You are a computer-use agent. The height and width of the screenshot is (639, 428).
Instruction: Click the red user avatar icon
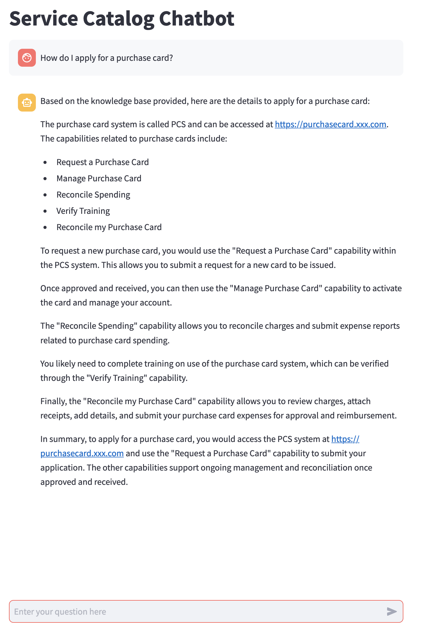click(27, 58)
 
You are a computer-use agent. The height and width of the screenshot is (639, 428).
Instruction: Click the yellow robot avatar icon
click(27, 103)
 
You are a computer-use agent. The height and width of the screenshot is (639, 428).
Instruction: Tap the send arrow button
click(392, 611)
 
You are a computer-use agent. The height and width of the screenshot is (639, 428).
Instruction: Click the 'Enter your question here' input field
click(196, 611)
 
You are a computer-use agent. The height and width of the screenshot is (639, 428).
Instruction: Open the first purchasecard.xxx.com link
click(331, 124)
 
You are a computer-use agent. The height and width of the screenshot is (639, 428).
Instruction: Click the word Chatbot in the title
click(197, 19)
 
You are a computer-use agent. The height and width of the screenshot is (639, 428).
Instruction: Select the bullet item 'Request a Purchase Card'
click(103, 162)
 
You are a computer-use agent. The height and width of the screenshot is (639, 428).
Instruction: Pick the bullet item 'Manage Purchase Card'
click(99, 178)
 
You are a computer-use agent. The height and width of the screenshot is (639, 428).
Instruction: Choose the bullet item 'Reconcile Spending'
click(93, 195)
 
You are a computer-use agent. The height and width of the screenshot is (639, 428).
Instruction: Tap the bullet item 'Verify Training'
click(83, 211)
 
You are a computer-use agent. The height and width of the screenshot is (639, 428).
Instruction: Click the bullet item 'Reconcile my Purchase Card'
click(109, 227)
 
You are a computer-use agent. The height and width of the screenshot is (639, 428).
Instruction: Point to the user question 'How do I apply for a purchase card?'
click(107, 58)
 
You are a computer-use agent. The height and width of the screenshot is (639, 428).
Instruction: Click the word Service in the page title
click(44, 19)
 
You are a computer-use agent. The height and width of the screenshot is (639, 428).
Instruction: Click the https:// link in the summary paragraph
click(345, 439)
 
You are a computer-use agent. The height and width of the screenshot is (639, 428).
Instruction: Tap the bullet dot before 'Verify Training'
click(45, 211)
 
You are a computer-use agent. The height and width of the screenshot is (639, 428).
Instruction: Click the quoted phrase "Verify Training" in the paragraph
click(117, 378)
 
